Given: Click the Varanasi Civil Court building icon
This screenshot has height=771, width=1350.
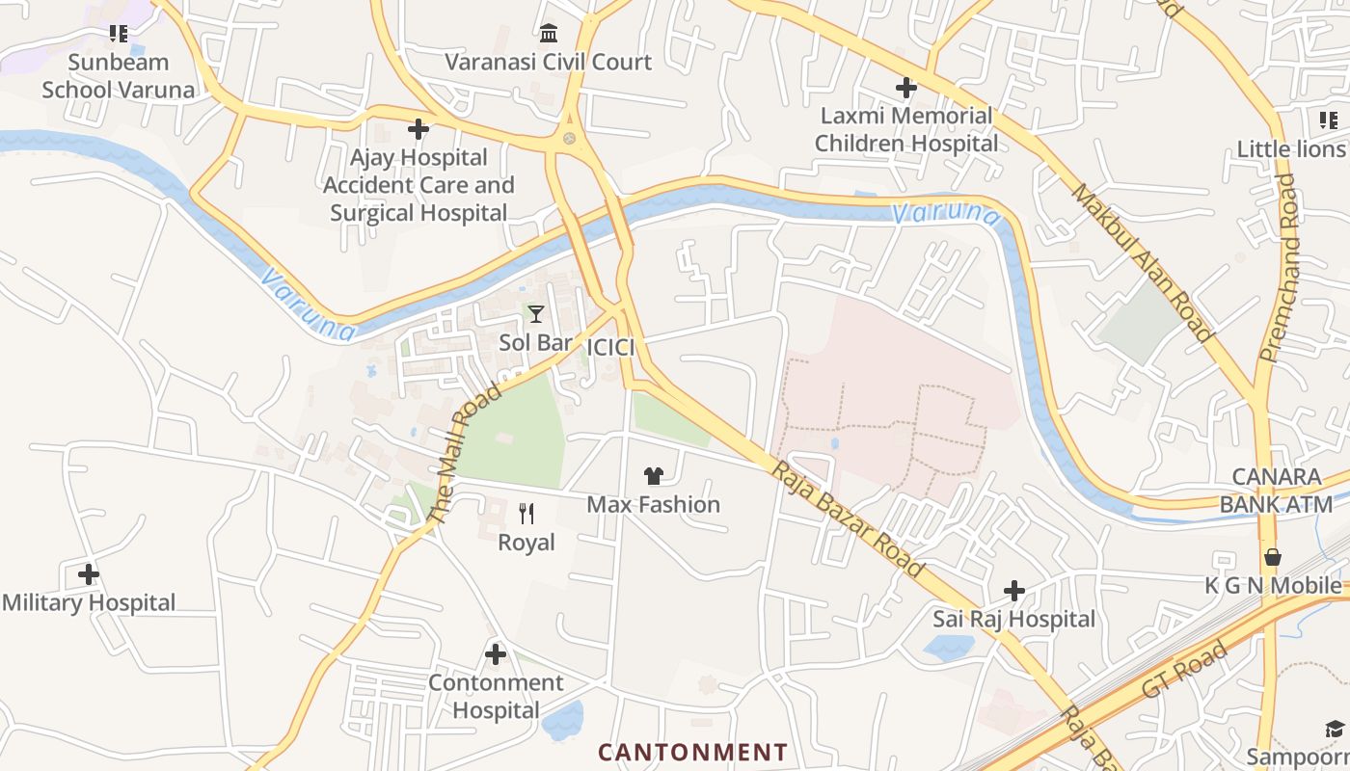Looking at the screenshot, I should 549,34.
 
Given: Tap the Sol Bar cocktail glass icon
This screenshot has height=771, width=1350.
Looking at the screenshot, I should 535,314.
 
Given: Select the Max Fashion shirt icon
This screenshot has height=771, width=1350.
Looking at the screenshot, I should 654,476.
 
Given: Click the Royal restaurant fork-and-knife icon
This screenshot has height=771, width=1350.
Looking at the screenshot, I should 526,514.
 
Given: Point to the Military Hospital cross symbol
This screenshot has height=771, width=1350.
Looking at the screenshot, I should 89,575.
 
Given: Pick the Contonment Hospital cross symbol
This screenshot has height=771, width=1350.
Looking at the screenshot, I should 496,654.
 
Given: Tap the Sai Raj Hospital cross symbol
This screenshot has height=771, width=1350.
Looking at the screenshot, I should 1014,591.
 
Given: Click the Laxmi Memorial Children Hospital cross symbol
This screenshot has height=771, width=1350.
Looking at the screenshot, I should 906,88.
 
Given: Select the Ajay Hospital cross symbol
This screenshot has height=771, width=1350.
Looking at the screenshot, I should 418,129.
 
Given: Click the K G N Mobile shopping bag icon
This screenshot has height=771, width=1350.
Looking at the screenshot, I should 1273,557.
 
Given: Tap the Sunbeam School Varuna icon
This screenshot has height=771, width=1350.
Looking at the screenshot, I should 119,35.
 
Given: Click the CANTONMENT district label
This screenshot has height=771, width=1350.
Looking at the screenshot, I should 692,752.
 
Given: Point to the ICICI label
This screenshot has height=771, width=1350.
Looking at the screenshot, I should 610,347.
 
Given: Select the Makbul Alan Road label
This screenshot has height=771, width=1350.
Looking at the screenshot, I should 1142,262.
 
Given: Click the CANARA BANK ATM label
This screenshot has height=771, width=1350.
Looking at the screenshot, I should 1283,491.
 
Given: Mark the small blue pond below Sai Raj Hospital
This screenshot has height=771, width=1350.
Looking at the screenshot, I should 948,647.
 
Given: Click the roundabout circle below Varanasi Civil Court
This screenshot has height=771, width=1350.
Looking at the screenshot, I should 570,139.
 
